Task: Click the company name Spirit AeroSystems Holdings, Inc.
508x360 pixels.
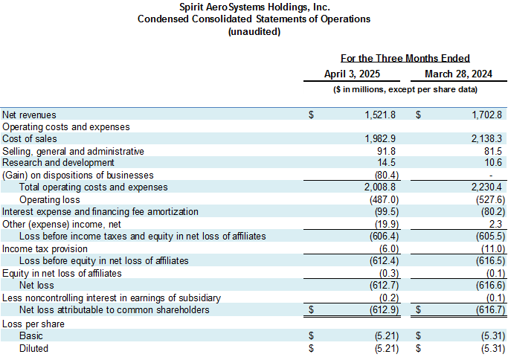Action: pos(254,7)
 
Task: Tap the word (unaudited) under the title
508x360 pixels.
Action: pos(254,31)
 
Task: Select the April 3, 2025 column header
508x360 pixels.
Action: pos(352,74)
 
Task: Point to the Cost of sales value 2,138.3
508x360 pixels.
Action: pos(486,139)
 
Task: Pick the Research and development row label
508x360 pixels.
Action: pos(59,163)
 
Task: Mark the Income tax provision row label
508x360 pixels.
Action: pos(45,248)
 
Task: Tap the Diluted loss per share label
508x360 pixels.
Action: pos(33,348)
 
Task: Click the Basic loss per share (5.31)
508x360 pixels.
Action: pos(489,336)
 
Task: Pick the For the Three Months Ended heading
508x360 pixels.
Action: pos(405,58)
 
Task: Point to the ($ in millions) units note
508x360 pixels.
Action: pos(405,90)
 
